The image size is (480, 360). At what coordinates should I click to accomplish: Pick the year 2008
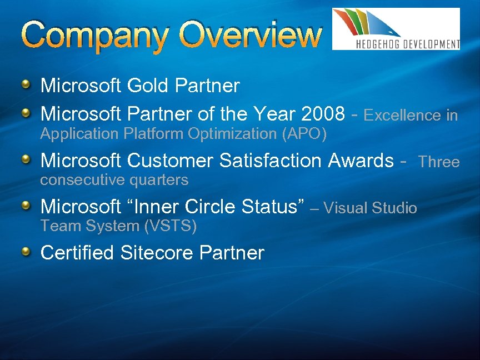click(322, 114)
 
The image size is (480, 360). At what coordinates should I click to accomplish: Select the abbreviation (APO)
click(304, 134)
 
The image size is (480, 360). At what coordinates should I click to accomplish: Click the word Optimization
click(233, 134)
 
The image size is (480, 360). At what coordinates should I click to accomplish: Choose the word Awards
click(361, 161)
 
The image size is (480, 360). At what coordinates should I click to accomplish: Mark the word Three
click(439, 162)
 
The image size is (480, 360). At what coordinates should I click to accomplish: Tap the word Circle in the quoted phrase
click(211, 207)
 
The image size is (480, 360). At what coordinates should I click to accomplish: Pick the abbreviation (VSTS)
click(171, 226)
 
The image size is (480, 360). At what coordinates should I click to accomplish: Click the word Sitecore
click(157, 253)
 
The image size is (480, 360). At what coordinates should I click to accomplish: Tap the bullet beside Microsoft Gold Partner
click(27, 84)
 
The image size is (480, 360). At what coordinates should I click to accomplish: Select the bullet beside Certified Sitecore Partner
click(27, 252)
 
